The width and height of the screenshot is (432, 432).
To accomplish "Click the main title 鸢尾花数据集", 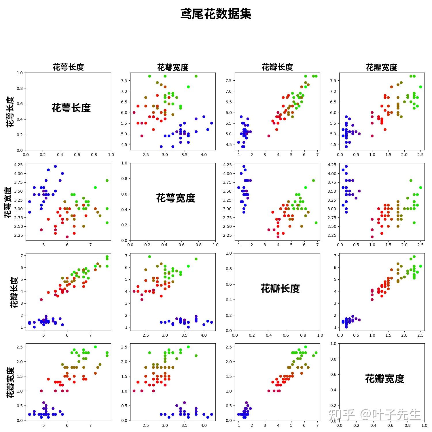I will pyautogui.click(x=216, y=14).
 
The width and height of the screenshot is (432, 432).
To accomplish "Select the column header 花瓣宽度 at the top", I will pyautogui.click(x=381, y=67).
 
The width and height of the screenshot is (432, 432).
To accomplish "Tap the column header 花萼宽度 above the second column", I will pyautogui.click(x=173, y=67).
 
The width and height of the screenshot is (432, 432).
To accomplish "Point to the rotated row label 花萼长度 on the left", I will pyautogui.click(x=10, y=112).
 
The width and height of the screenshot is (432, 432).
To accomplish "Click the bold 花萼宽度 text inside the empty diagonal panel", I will pyautogui.click(x=176, y=198).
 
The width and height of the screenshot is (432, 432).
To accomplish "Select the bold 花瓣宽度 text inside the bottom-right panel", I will pyautogui.click(x=384, y=378).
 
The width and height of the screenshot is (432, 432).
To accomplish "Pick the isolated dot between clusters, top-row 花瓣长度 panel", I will pyautogui.click(x=269, y=136).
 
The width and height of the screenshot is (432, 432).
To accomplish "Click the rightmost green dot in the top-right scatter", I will pyautogui.click(x=420, y=87).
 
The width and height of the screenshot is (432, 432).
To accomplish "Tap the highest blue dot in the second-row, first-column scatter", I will pyautogui.click(x=55, y=166).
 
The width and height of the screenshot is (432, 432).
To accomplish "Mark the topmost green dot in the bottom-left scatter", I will pyautogui.click(x=95, y=347).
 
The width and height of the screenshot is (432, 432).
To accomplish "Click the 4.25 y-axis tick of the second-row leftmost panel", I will pyautogui.click(x=18, y=165).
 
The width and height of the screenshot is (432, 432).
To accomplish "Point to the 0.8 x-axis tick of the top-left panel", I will pyautogui.click(x=94, y=155).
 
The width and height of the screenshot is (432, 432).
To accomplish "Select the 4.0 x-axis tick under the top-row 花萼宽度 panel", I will pyautogui.click(x=204, y=155).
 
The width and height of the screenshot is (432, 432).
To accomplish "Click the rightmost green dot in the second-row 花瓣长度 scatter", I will pyautogui.click(x=316, y=223).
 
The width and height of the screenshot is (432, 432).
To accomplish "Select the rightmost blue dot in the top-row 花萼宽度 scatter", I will pyautogui.click(x=211, y=123).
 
